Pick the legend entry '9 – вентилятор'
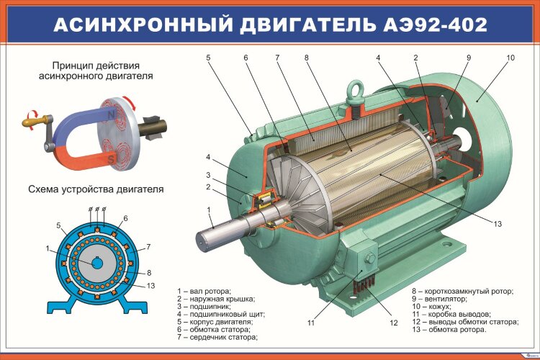(446, 298)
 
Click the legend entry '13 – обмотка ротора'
(449, 330)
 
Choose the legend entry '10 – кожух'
(439, 306)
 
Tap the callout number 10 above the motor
(510, 57)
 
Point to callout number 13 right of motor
(498, 224)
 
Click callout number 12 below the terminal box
(394, 323)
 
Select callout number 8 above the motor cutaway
(306, 57)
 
